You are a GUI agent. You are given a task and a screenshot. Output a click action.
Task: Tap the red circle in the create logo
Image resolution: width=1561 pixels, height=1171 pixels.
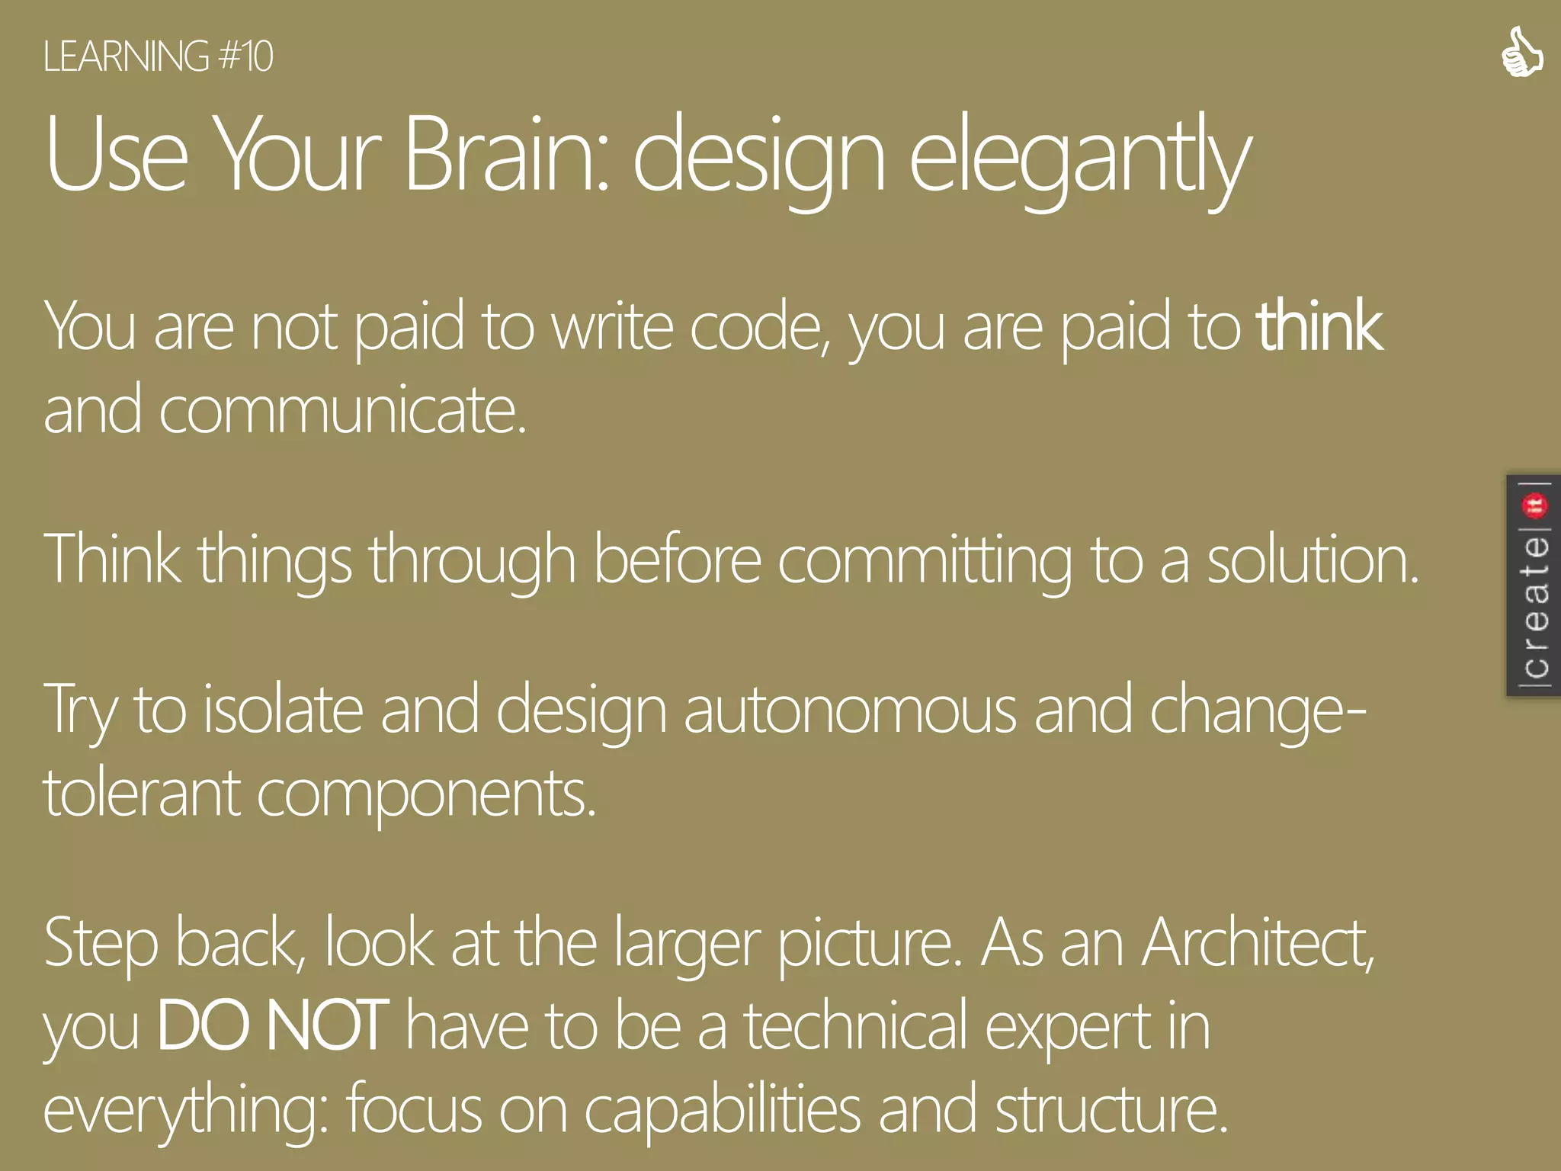[1534, 505]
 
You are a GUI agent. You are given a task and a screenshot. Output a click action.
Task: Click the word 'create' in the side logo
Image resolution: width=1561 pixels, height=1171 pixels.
[1534, 606]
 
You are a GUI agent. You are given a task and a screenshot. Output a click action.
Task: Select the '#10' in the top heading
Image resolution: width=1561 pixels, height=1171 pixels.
[245, 57]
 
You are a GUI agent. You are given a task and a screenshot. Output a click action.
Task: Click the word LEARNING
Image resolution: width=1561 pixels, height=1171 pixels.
[126, 57]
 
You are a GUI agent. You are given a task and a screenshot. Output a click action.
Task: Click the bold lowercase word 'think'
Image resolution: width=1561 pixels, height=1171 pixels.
[1319, 327]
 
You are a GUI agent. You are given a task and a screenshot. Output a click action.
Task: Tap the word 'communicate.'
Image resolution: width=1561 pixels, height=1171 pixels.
[342, 410]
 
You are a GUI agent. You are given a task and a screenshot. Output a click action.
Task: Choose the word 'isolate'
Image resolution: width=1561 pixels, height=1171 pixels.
[284, 710]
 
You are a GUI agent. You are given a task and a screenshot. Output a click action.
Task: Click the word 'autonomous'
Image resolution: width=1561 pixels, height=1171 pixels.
[850, 710]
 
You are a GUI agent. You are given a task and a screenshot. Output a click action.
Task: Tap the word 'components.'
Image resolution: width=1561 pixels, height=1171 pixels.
[426, 794]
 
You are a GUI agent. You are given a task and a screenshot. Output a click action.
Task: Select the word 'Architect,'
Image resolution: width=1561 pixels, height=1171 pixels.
[1258, 944]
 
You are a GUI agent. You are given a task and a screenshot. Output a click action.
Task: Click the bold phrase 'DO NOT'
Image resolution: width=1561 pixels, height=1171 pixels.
[272, 1026]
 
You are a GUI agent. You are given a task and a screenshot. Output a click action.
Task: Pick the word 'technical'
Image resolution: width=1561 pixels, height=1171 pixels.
[856, 1026]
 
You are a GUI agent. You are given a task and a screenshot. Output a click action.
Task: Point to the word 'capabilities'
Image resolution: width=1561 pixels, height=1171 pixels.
[722, 1110]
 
